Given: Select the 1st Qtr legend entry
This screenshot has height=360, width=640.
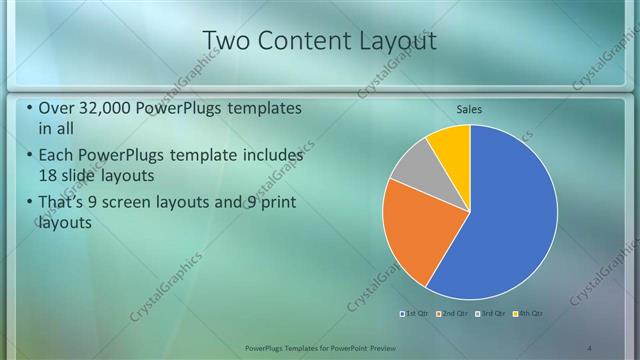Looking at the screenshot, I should (x=417, y=314).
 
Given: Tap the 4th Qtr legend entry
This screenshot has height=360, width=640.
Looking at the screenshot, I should (x=528, y=314).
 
